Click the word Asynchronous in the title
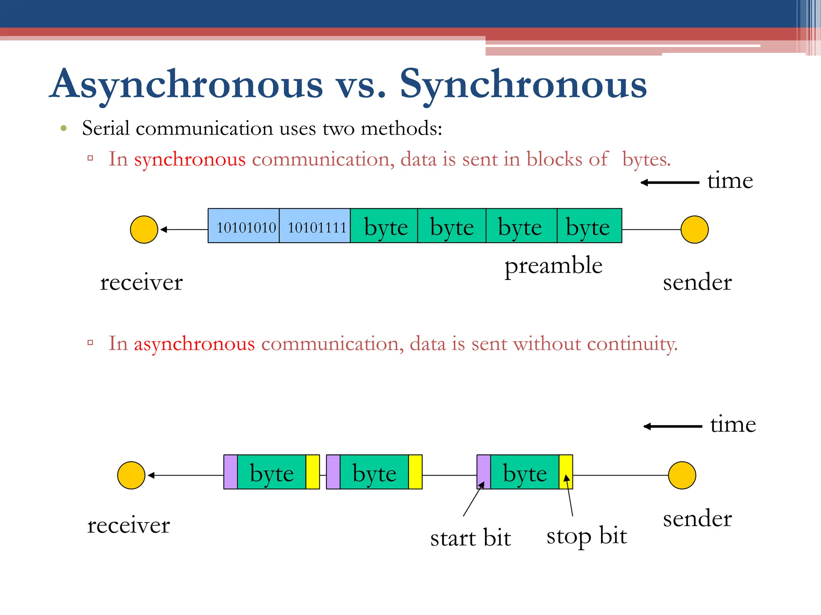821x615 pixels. pos(187,84)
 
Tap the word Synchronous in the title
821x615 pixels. pos(523,84)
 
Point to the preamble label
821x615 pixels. pos(553,266)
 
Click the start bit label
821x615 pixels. pos(470,538)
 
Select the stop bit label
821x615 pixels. pos(586,536)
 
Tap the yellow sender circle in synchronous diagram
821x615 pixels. pos(694,229)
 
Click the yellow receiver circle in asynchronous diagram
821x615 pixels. pos(131,475)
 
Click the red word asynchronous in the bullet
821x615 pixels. pos(194,344)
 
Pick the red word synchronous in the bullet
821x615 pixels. pos(190,159)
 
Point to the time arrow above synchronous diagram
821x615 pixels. pos(670,183)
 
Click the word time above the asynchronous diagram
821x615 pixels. pos(733,424)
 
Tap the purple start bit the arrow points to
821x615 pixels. pos(483,472)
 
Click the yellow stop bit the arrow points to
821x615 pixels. pos(566,472)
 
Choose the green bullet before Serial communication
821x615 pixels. pos(63,129)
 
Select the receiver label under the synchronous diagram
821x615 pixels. pos(141,282)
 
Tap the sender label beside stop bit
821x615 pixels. pos(697,519)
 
